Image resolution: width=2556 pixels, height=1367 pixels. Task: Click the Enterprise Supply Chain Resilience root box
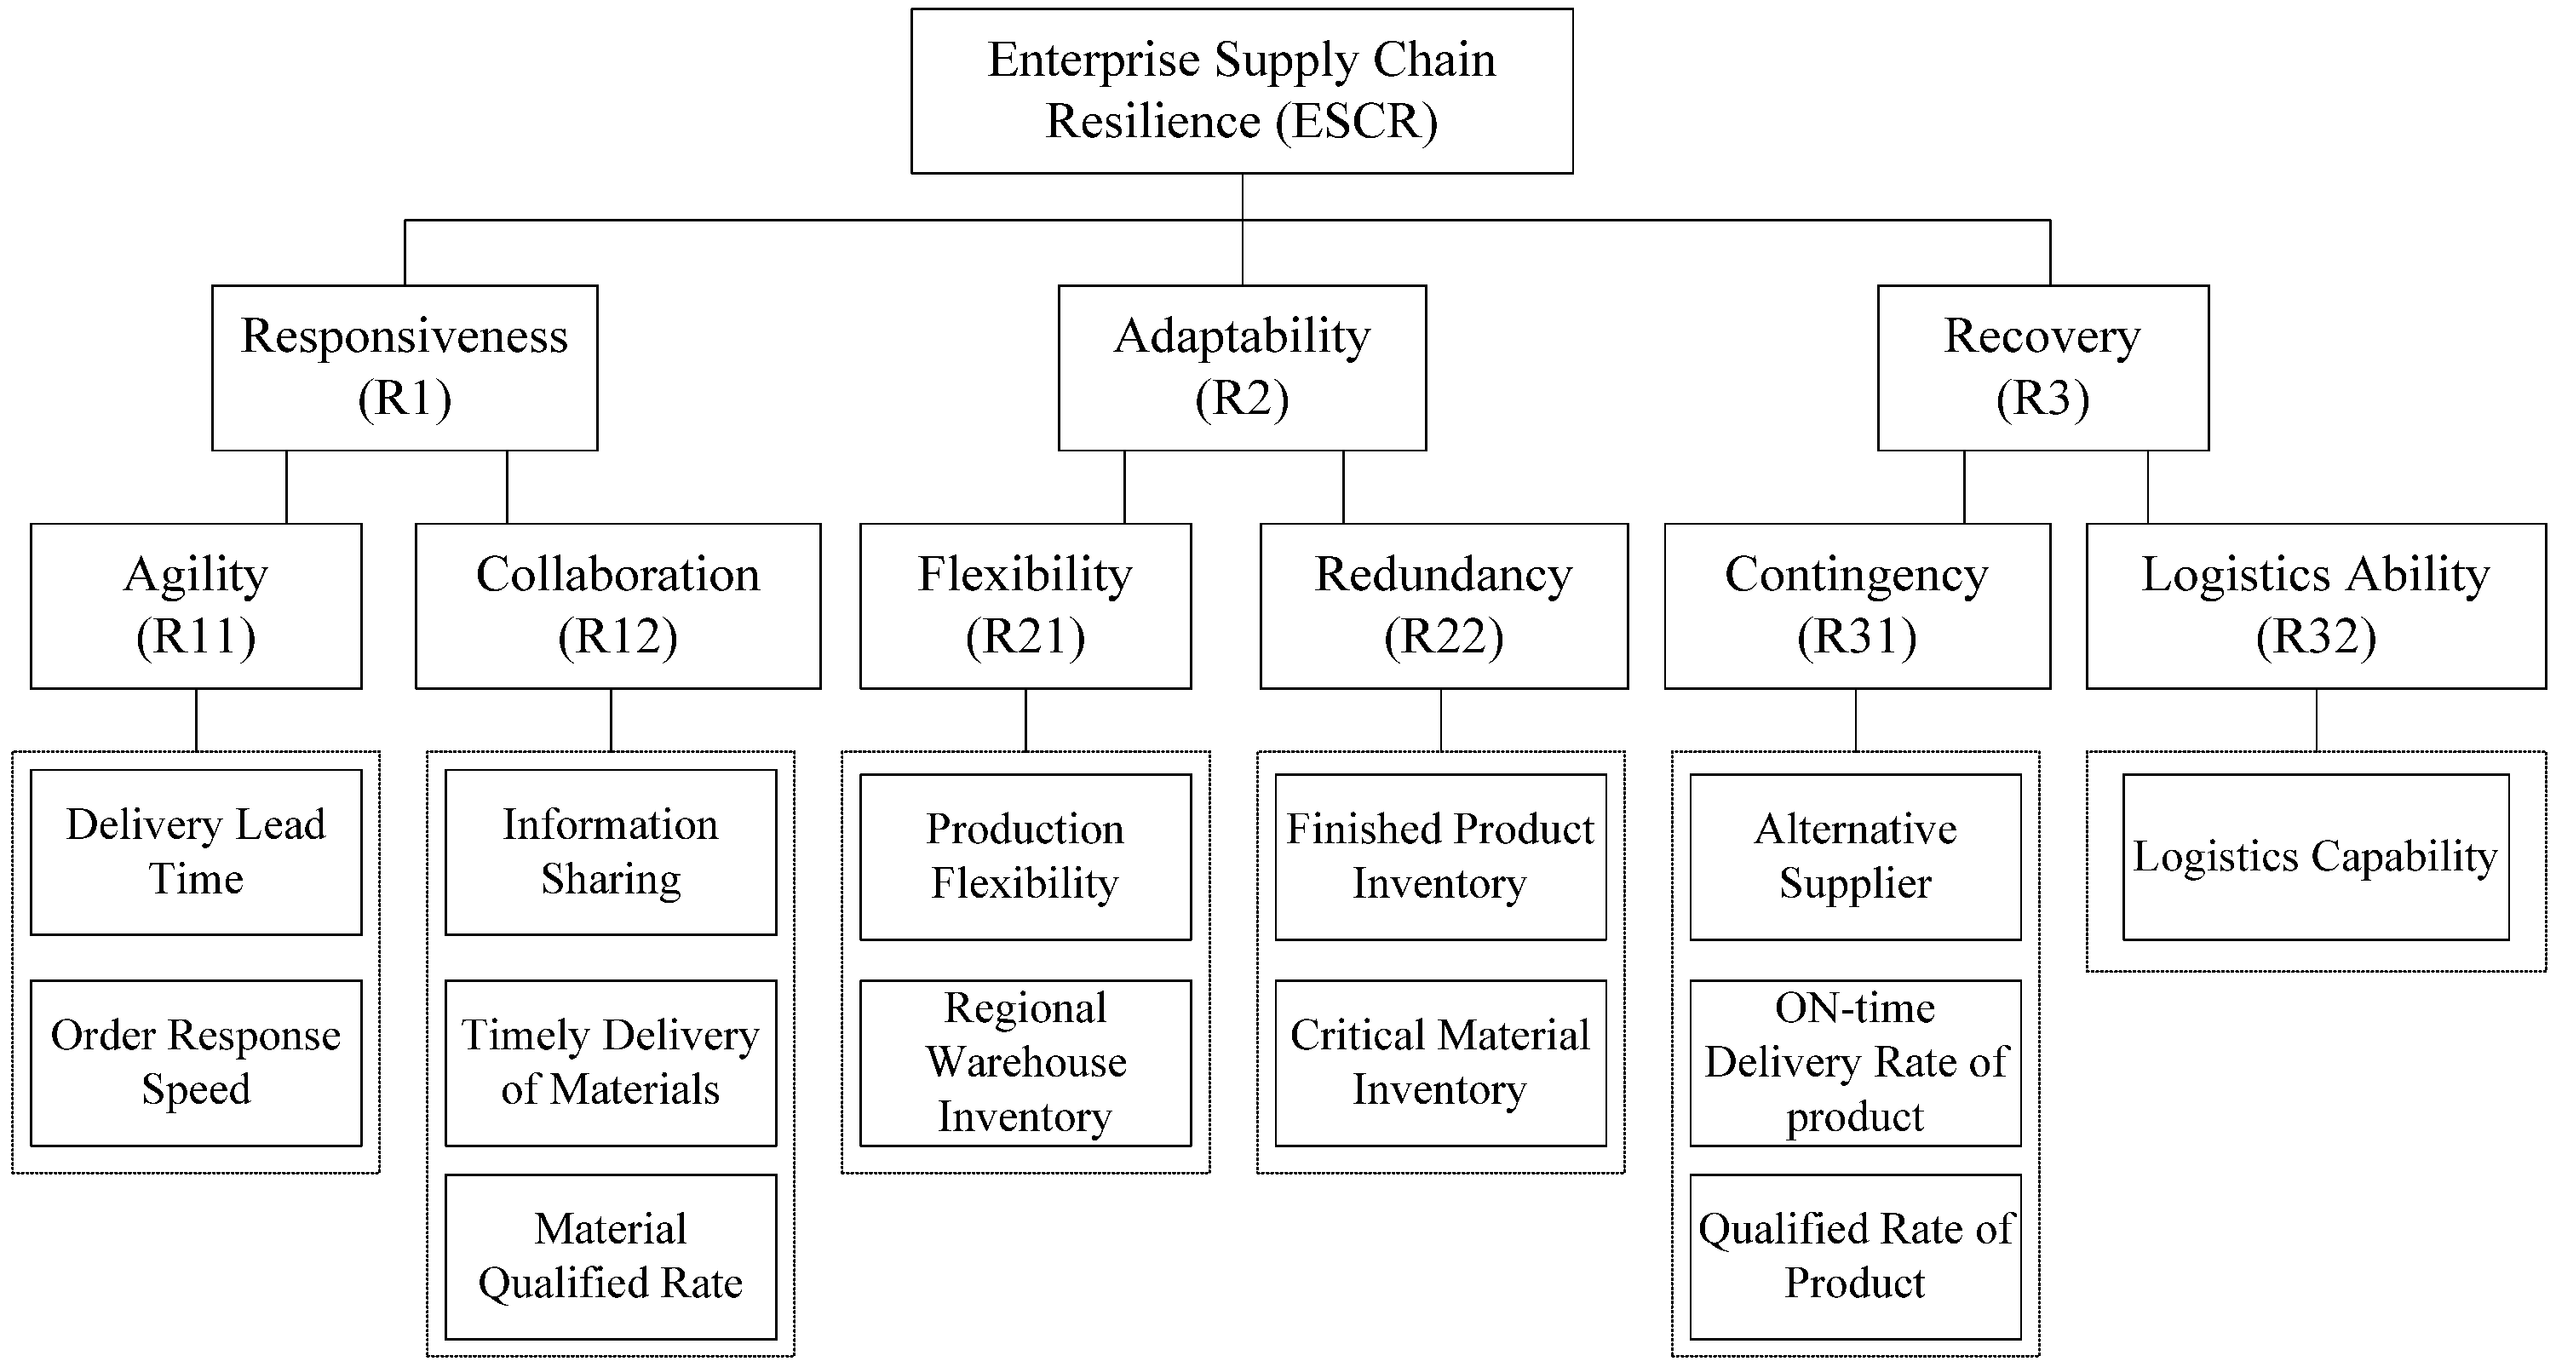click(1241, 91)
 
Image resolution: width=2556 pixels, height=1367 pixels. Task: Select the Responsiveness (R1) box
click(404, 367)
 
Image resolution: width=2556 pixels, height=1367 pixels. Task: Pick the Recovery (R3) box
click(2042, 367)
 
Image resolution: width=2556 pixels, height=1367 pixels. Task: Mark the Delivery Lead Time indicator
click(196, 853)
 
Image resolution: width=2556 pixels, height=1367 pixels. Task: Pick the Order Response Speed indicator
click(196, 1062)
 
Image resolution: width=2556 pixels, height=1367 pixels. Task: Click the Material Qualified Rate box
click(610, 1256)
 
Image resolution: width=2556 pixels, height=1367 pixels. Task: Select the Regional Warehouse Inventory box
click(1025, 1062)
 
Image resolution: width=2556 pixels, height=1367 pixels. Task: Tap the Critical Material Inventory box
click(1439, 1062)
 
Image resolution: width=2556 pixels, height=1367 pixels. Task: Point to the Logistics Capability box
click(2315, 856)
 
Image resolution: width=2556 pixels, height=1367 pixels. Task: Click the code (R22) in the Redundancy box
click(1444, 637)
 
